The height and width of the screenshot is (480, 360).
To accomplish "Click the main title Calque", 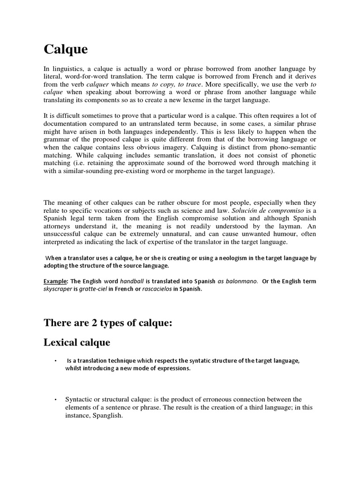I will [x=66, y=49].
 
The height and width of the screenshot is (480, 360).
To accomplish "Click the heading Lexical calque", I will [x=77, y=342].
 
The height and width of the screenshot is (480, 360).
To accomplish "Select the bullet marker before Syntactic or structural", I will [x=56, y=399].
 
